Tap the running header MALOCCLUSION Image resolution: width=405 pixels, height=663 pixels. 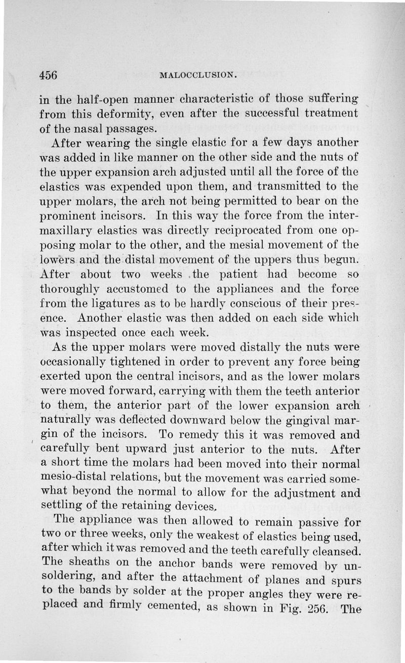click(198, 76)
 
